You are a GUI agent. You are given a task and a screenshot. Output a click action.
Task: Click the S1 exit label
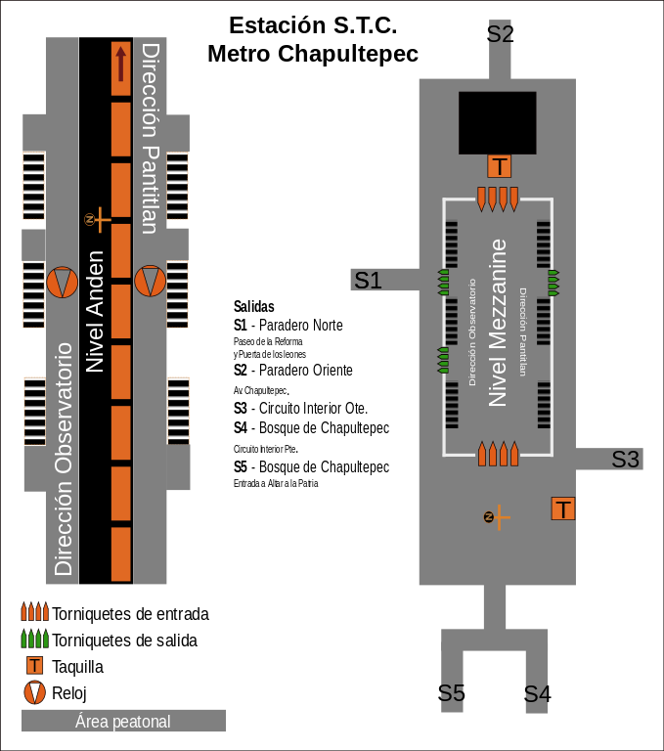click(368, 281)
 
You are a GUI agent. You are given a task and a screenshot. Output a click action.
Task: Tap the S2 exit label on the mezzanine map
click(500, 34)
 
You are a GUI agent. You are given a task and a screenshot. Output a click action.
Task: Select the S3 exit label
click(625, 460)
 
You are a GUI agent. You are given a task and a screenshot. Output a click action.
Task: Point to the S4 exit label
click(537, 693)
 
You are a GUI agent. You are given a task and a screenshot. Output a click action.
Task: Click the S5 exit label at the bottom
click(451, 693)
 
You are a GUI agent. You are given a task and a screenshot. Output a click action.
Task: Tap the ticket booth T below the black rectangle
click(499, 166)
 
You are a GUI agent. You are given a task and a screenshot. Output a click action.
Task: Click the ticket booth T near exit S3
click(563, 508)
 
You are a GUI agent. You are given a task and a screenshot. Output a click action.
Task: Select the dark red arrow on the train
click(120, 64)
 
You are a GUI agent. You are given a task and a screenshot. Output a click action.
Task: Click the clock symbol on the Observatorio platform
click(63, 282)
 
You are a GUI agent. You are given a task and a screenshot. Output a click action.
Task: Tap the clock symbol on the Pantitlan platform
click(150, 282)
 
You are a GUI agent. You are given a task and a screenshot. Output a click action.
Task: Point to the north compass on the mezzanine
click(497, 517)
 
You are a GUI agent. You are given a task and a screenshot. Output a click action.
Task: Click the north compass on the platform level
click(98, 220)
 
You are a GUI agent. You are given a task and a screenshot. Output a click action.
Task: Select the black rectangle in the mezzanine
click(498, 123)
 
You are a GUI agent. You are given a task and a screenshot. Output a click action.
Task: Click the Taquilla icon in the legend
click(34, 666)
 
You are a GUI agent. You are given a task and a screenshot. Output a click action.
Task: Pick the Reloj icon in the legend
click(34, 692)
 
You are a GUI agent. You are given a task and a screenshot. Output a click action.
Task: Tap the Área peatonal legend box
click(123, 721)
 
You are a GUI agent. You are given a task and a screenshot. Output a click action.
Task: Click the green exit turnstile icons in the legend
click(35, 639)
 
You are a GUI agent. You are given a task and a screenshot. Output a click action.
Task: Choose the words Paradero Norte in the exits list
click(301, 326)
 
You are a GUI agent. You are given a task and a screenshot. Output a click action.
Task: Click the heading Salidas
click(254, 306)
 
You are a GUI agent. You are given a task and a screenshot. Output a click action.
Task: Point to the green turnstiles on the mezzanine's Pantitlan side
click(553, 283)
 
